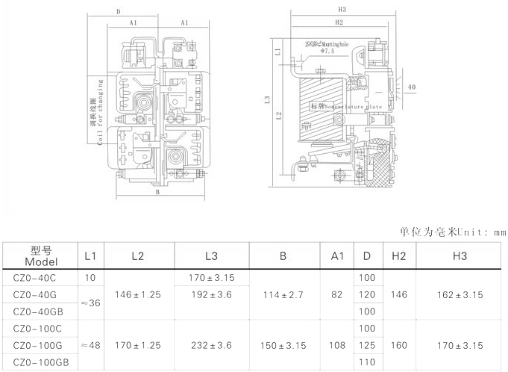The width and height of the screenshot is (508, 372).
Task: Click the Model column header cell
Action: click(x=40, y=256)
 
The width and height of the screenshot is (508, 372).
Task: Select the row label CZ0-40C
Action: click(x=35, y=278)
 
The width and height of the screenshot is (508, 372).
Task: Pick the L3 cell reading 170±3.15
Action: click(x=212, y=278)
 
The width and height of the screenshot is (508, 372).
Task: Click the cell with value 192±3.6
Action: click(x=212, y=295)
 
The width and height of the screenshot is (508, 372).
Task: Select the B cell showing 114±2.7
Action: click(x=283, y=295)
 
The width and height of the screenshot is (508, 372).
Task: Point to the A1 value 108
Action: click(x=337, y=346)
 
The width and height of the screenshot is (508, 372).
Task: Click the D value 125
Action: click(x=367, y=346)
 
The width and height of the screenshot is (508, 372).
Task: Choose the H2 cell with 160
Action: click(x=398, y=346)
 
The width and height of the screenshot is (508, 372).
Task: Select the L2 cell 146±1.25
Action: click(x=137, y=295)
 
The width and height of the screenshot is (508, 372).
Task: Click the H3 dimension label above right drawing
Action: click(x=342, y=10)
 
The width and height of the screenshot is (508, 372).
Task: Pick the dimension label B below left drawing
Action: click(x=157, y=192)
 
